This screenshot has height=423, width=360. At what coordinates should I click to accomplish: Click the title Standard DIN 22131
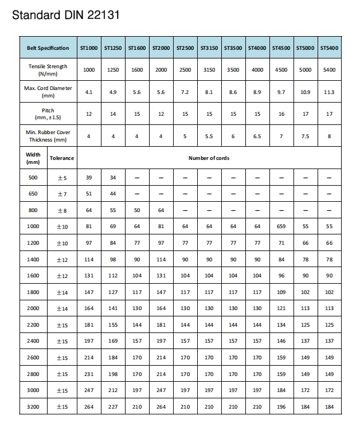click(66, 15)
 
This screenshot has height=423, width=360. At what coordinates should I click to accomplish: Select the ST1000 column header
click(89, 48)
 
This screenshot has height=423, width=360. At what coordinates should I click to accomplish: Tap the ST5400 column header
click(329, 48)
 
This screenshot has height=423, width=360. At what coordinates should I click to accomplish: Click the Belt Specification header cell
click(48, 48)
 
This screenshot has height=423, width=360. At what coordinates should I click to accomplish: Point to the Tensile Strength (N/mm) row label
click(48, 70)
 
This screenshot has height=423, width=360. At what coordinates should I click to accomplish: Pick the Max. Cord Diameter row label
click(48, 92)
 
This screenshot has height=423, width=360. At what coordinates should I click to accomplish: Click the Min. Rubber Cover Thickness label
click(48, 136)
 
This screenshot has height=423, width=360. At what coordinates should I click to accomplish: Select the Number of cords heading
click(209, 158)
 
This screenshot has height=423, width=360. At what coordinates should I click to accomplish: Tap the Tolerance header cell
click(62, 158)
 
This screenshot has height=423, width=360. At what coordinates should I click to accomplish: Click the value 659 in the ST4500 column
click(281, 226)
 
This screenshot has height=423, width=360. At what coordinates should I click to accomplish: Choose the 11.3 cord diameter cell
click(329, 92)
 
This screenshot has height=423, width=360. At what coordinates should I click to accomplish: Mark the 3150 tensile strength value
click(209, 70)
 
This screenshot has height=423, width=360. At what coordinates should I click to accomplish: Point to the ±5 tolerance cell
click(62, 178)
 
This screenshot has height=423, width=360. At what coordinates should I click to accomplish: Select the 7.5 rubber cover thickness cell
click(305, 136)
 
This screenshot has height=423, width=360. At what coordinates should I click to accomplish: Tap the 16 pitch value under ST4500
click(281, 114)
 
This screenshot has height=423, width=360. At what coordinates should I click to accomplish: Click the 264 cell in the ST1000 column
click(89, 407)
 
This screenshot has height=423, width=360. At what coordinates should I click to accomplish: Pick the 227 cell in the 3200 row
click(113, 407)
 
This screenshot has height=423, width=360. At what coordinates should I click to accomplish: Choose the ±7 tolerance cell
click(62, 194)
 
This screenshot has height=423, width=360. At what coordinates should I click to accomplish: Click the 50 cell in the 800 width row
click(137, 210)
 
